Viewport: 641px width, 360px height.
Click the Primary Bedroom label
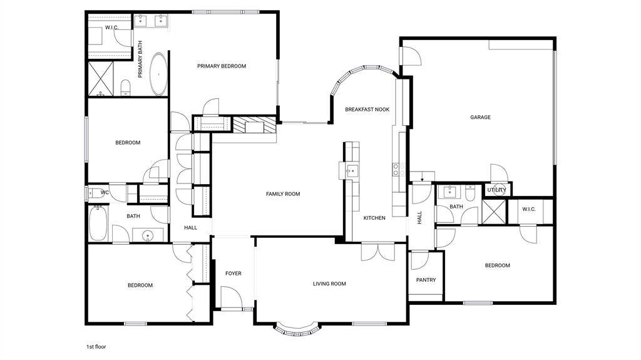click(x=222, y=66)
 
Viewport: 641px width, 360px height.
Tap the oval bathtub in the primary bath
click(x=158, y=74)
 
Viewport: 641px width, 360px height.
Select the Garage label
click(x=480, y=117)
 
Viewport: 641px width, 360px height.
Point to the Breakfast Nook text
click(x=367, y=109)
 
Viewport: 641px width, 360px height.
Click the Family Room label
click(x=283, y=194)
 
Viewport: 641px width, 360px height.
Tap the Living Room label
click(x=329, y=284)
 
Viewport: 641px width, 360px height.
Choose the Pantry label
click(x=426, y=280)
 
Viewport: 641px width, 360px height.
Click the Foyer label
click(x=233, y=273)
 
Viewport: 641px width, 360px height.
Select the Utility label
click(x=496, y=190)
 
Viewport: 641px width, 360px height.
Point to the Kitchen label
click(x=374, y=218)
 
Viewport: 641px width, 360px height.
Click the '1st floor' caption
click(x=96, y=346)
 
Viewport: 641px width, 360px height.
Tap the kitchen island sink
click(x=351, y=170)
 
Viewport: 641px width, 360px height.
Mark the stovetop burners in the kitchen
click(x=399, y=170)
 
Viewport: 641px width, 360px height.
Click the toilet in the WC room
click(x=95, y=192)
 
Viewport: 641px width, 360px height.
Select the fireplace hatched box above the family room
click(x=254, y=125)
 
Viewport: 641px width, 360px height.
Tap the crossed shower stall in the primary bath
click(x=101, y=78)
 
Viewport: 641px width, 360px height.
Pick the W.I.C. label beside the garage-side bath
click(x=528, y=209)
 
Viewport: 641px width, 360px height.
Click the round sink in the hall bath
click(x=148, y=235)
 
